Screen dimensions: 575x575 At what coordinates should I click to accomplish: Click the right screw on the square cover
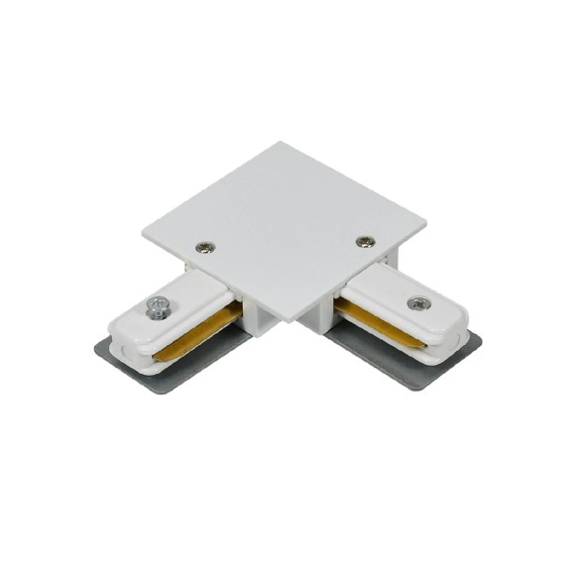click(x=365, y=241)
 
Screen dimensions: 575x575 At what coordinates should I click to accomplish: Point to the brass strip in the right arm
click(x=382, y=326)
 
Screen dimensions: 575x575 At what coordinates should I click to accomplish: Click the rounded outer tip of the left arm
click(x=113, y=331)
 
